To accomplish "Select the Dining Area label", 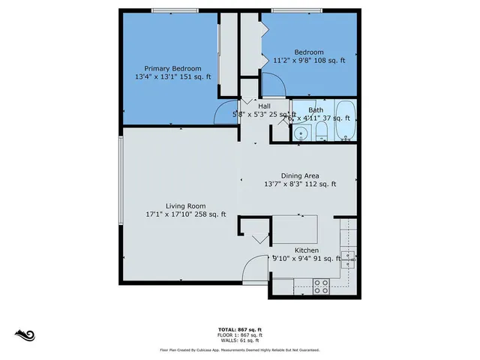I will click(x=300, y=175).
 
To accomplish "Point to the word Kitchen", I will click(x=307, y=250).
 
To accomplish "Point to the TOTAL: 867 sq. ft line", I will click(x=239, y=329).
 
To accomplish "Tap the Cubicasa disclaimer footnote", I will click(x=239, y=349).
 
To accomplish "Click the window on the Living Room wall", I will click(x=121, y=180).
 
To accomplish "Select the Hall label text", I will click(x=264, y=106).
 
